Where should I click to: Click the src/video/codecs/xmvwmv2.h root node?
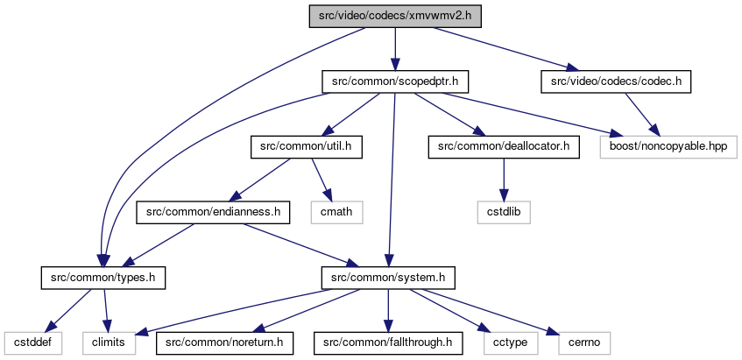[x=395, y=17]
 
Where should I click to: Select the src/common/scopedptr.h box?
[x=395, y=81]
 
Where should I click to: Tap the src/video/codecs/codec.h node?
[x=616, y=81]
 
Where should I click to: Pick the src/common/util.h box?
[x=306, y=147]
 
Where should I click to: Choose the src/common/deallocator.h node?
[x=504, y=147]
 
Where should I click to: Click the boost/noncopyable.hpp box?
[x=668, y=147]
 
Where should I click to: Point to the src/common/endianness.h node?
[x=213, y=212]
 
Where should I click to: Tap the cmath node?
[x=337, y=212]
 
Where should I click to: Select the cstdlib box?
[x=504, y=212]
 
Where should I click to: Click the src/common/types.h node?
[x=103, y=278]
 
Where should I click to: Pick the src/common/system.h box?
[x=388, y=278]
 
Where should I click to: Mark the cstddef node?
[x=33, y=343]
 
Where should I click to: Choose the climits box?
[x=109, y=343]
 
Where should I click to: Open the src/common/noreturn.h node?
[x=225, y=343]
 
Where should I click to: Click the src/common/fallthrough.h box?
[x=388, y=343]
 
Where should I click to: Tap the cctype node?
[x=511, y=343]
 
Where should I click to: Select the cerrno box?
[x=584, y=343]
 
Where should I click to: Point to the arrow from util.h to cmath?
[x=322, y=180]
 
